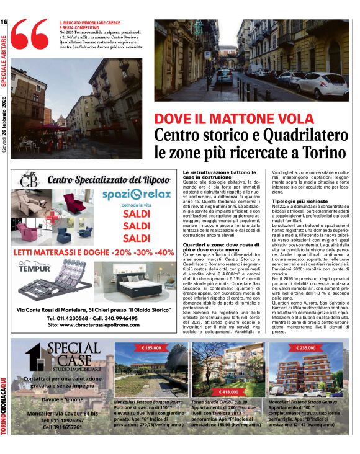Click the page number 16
tap(4, 22)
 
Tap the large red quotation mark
tap(29, 37)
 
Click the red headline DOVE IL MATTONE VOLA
tap(226, 119)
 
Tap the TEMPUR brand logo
tap(35, 267)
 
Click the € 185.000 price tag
tap(151, 348)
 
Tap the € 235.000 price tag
tap(306, 348)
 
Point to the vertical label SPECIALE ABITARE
tap(4, 61)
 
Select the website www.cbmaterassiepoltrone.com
tap(92, 324)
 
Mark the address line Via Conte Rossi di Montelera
tap(91, 308)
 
